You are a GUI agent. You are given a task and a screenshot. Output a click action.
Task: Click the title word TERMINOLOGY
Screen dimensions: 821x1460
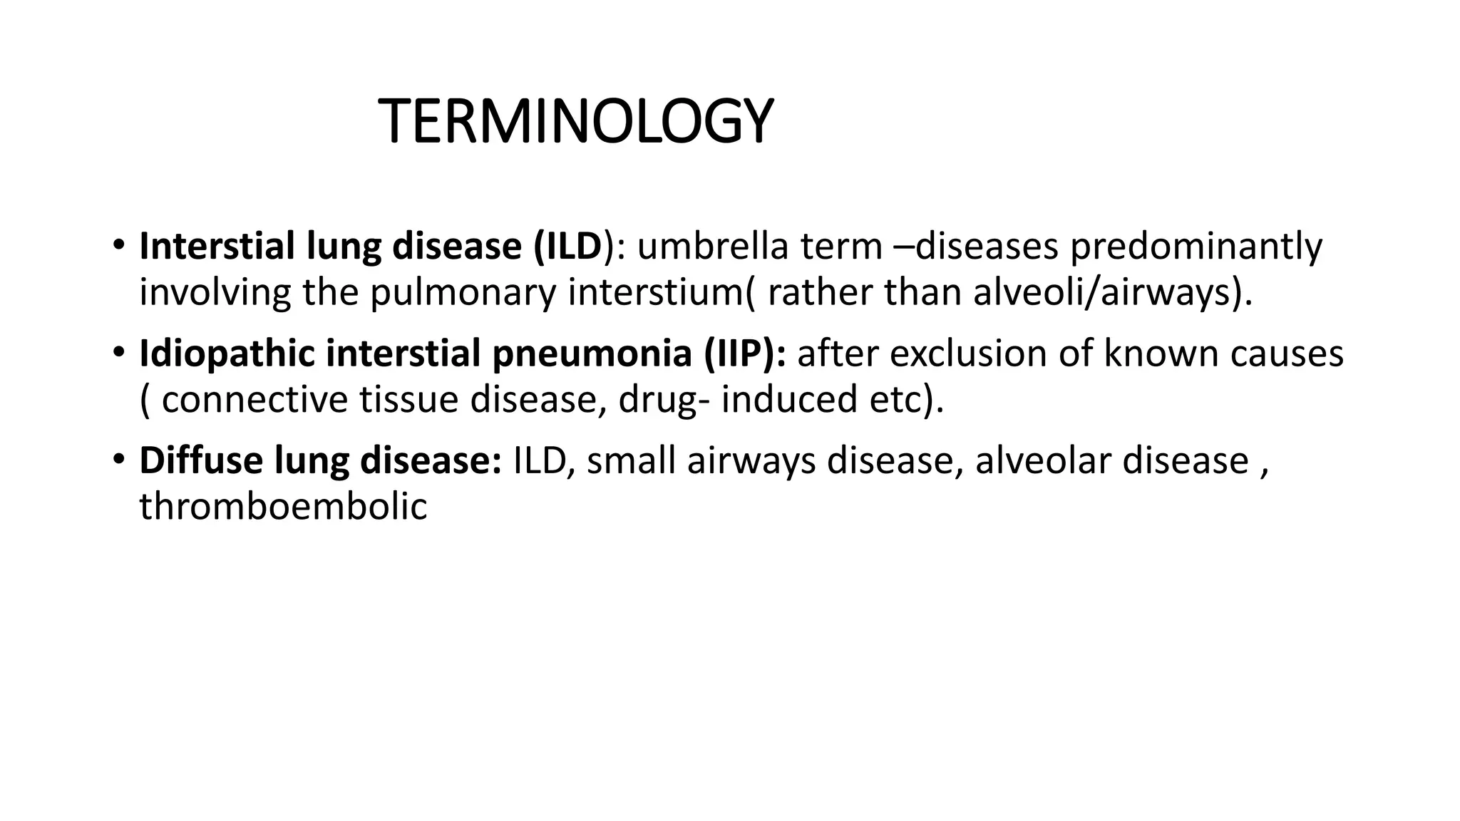575,122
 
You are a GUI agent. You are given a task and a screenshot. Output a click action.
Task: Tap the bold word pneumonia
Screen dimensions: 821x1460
592,354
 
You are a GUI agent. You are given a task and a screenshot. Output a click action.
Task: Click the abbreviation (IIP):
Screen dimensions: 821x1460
745,354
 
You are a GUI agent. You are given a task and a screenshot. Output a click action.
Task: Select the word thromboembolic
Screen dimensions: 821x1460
283,507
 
